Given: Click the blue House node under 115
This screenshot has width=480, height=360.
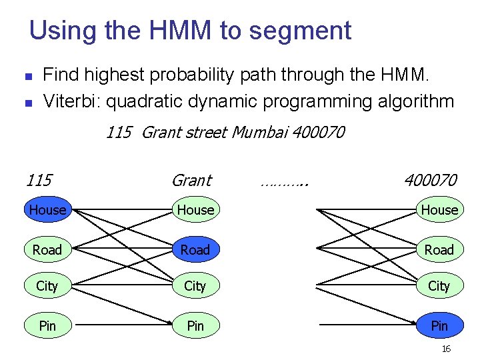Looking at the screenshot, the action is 48,209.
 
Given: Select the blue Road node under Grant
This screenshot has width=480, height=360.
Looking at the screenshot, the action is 196,249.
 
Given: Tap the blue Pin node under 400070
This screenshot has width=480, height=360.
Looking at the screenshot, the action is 440,325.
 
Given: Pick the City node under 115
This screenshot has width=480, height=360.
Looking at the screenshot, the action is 48,285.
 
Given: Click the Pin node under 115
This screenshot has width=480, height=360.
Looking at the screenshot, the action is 48,325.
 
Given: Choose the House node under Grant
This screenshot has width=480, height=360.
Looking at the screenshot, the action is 196,209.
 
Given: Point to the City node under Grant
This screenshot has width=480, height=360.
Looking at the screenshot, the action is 196,285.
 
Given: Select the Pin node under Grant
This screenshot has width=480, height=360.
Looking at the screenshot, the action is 196,325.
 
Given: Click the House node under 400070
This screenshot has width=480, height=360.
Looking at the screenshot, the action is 440,209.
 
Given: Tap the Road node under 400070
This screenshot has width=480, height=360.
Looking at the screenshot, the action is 440,249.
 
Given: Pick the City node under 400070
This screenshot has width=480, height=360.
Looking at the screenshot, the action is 440,285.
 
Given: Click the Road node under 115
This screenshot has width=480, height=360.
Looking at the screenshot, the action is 48,249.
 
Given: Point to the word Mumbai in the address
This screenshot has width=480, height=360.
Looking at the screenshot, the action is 259,132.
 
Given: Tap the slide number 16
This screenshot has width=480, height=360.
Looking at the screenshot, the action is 446,349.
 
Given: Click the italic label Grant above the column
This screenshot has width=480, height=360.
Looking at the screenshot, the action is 192,180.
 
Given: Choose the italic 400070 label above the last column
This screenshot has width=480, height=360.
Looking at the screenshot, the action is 431,180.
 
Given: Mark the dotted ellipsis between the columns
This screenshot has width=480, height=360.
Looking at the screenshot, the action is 285,184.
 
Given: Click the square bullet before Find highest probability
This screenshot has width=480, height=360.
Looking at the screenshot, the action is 29,76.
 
